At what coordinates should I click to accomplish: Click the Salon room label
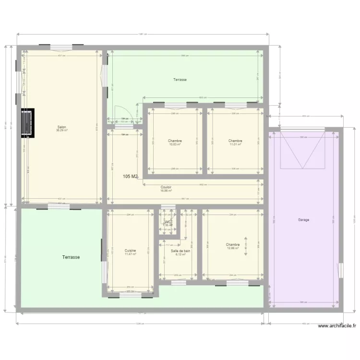tap(62, 127)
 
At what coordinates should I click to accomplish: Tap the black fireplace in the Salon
tap(28, 123)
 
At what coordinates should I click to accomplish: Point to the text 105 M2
tap(131, 177)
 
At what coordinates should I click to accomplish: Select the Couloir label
tap(167, 187)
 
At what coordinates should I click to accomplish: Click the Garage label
tap(303, 220)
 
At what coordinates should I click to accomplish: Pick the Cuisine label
tap(130, 251)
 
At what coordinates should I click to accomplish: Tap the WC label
tap(168, 222)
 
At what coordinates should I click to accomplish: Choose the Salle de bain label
tap(180, 251)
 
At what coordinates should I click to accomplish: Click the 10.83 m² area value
tap(175, 144)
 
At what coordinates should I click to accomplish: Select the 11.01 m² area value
tap(235, 144)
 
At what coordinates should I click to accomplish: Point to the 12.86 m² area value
tap(233, 248)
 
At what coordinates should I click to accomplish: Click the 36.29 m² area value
tap(62, 131)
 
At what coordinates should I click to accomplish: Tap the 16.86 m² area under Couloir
tap(167, 191)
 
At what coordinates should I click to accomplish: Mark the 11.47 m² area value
tap(130, 254)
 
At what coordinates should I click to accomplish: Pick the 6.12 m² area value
tap(180, 254)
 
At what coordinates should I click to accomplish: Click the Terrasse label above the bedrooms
tap(180, 80)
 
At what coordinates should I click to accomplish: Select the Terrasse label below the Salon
tap(71, 257)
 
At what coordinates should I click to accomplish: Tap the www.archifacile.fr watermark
tap(337, 326)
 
